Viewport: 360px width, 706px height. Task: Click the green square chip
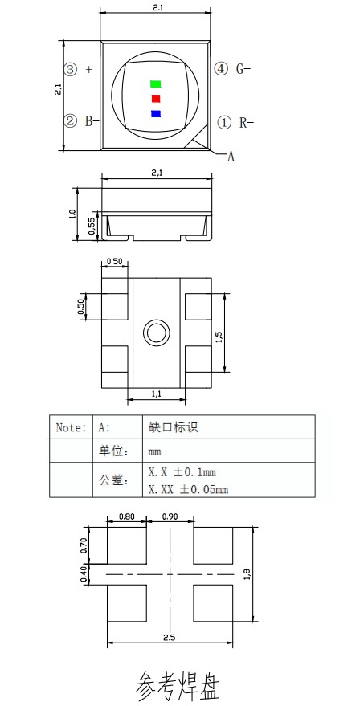156,84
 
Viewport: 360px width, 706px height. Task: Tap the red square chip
156,98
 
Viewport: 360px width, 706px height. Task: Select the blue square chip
156,113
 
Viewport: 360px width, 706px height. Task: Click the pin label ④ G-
233,69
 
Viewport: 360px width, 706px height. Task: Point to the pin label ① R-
235,122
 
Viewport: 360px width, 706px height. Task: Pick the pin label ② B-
80,121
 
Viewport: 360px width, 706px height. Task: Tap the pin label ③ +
78,69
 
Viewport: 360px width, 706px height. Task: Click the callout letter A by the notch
231,157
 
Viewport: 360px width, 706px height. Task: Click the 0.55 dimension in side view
92,227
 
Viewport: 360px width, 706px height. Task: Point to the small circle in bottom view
155,332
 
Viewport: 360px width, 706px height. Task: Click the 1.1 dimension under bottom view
157,394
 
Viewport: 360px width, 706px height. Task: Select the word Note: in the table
70,427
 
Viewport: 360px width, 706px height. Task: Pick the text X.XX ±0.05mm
188,488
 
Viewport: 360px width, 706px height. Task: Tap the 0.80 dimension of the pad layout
126,517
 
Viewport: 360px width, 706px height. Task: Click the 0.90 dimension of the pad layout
170,517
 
